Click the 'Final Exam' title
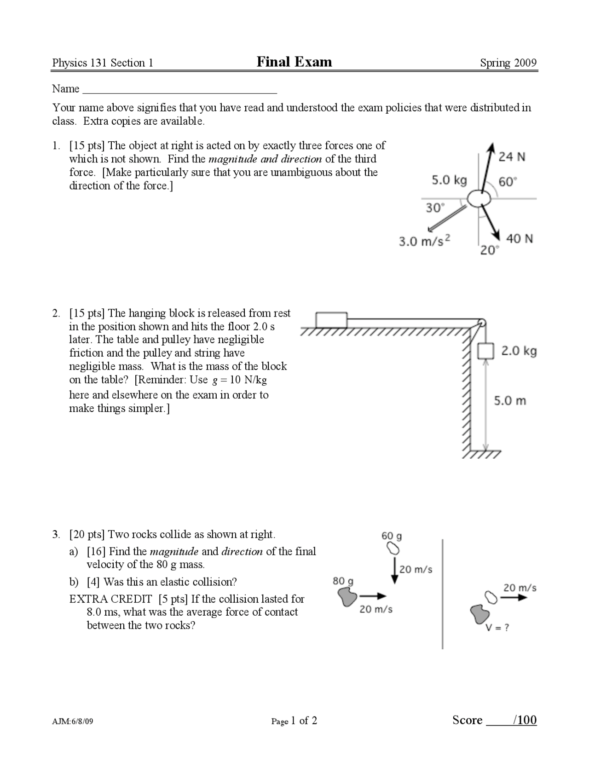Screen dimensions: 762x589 tap(294, 62)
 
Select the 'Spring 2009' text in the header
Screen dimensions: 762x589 tap(508, 63)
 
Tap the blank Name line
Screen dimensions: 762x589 tap(179, 89)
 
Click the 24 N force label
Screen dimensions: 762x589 tap(512, 157)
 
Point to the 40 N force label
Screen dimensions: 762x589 tap(519, 239)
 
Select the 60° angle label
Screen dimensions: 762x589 tap(508, 182)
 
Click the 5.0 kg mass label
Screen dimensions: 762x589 tap(449, 180)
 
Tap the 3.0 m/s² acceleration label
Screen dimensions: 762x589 tap(424, 241)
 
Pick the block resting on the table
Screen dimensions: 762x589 tap(331, 320)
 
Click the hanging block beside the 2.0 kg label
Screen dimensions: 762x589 tap(485, 351)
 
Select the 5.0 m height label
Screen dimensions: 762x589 tap(510, 401)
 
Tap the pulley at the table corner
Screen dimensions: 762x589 tap(481, 322)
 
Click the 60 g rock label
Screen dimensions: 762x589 tap(391, 536)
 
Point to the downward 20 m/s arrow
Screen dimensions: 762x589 tap(394, 571)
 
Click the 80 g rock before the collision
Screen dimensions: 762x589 tap(347, 597)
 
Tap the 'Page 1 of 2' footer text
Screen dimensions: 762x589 tap(294, 721)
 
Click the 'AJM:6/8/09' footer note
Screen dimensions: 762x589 tap(73, 722)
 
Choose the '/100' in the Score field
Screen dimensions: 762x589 tap(525, 720)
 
